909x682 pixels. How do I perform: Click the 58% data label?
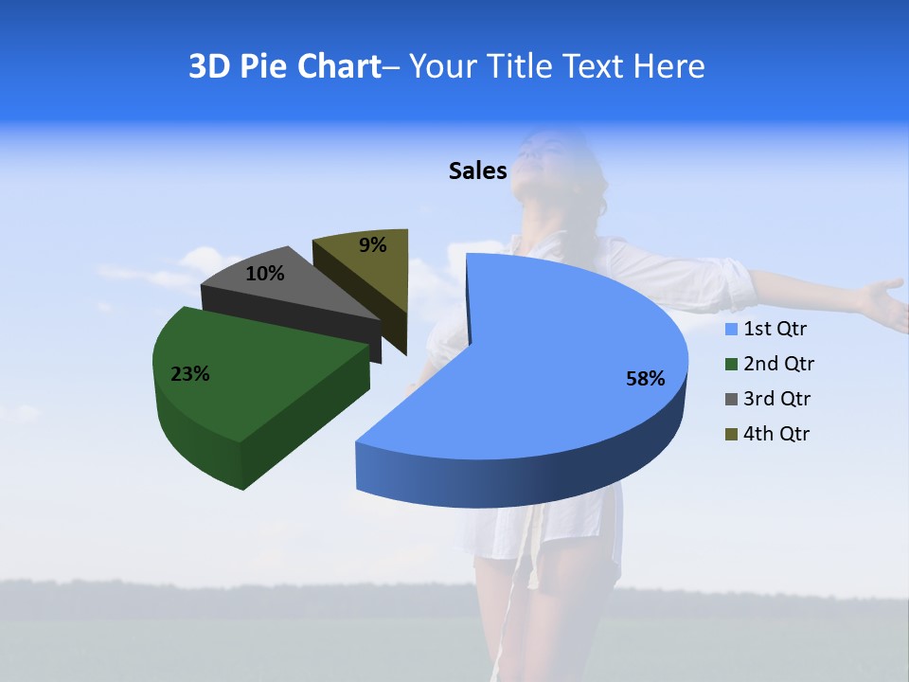[x=646, y=379]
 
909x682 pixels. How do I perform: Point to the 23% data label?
[x=190, y=374]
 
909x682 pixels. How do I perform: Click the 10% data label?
[x=265, y=274]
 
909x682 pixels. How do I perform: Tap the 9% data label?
[x=373, y=245]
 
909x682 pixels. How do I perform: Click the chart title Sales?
[x=478, y=170]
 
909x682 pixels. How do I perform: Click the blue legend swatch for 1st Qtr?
[x=731, y=330]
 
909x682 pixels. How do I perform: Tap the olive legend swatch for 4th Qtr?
[x=731, y=435]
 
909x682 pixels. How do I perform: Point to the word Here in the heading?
[x=671, y=66]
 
